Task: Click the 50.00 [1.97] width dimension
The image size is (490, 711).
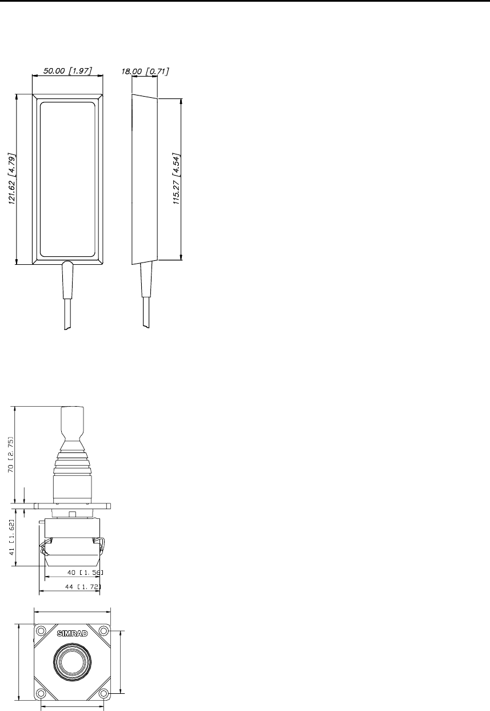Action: [67, 71]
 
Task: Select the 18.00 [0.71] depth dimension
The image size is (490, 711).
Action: [145, 71]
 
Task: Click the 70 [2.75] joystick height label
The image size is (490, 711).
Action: [11, 455]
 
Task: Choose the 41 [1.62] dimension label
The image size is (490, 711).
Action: [12, 537]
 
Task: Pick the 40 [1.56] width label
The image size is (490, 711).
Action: [85, 573]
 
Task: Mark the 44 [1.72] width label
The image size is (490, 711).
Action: [83, 586]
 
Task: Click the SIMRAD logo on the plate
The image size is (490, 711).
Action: [73, 634]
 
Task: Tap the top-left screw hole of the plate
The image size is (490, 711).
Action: [41, 631]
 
